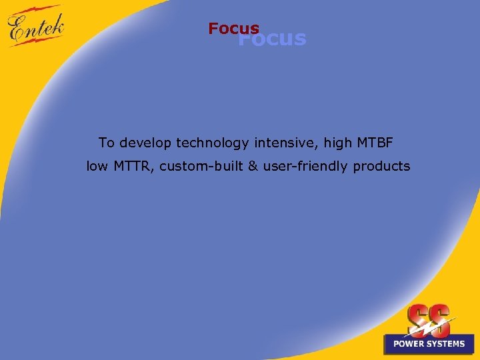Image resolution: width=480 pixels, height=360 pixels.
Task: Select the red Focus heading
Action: (233, 29)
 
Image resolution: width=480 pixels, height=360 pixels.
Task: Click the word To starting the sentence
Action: (106, 142)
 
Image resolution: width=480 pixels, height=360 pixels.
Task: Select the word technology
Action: (211, 143)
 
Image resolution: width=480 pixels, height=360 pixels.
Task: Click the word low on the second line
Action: (97, 167)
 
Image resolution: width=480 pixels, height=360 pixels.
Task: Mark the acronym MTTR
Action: (135, 167)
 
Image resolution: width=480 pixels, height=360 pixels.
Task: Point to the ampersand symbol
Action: (253, 167)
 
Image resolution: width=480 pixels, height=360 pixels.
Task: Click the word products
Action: (381, 167)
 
